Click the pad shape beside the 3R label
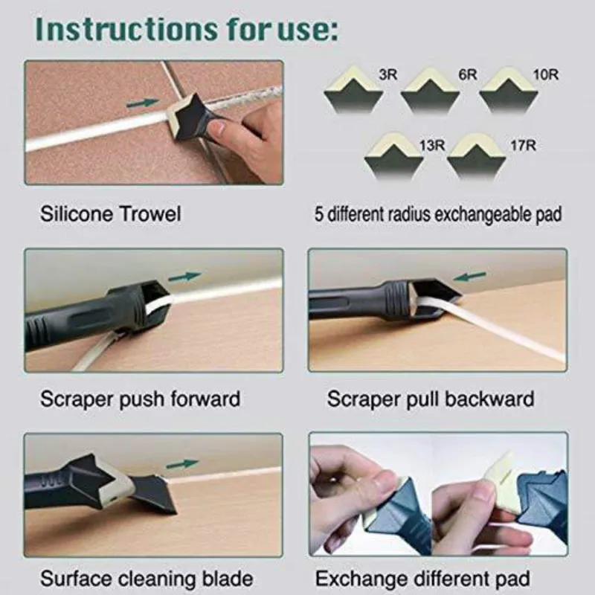[353, 92]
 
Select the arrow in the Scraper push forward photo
[184, 276]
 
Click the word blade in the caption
[222, 579]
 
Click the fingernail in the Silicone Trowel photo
[217, 129]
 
